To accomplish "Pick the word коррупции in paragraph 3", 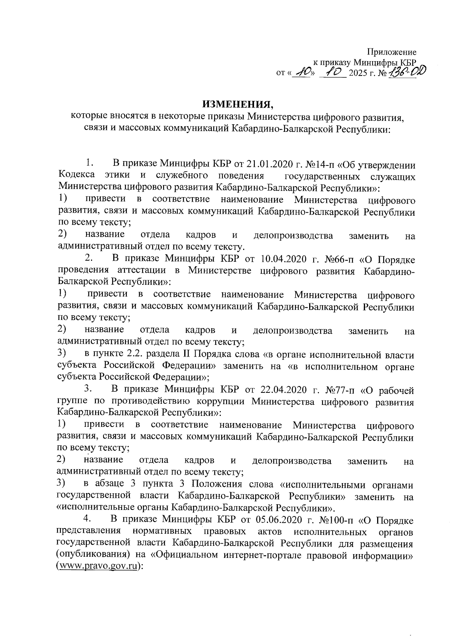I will [x=220, y=402].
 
